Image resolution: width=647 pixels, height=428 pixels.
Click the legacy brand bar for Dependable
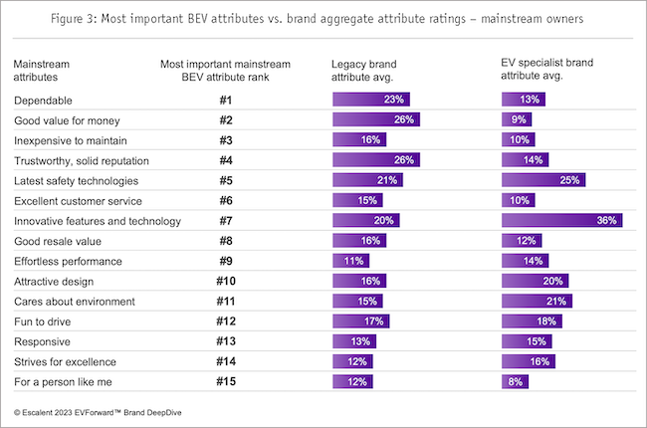pos(370,100)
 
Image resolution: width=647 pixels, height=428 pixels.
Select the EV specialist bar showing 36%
pos(562,220)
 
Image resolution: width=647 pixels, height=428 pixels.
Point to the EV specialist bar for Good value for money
pos(517,119)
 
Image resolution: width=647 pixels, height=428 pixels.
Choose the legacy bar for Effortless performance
pos(352,260)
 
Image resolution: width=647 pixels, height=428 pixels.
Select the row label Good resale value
pos(58,240)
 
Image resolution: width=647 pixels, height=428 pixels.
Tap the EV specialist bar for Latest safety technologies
pos(543,180)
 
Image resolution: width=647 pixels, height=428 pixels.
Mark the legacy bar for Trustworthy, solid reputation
pos(375,159)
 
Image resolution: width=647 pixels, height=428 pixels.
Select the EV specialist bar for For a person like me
pos(515,380)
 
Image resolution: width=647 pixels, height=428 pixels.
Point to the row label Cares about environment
pos(66,301)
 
